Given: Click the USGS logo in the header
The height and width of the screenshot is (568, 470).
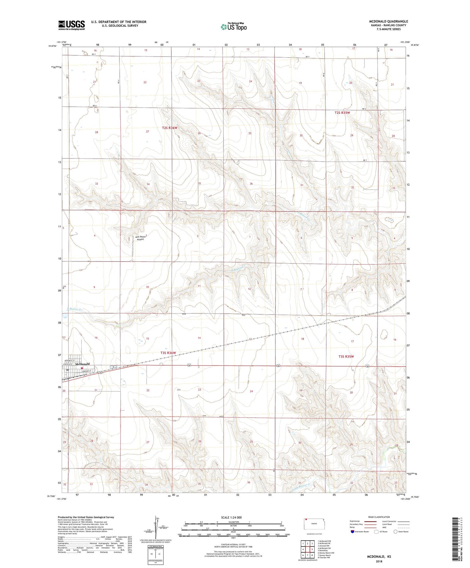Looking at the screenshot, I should click(x=72, y=25).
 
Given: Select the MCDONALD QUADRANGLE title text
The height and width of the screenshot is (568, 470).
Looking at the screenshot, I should click(x=388, y=21).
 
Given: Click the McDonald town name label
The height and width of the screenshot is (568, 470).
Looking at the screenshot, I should click(x=82, y=364).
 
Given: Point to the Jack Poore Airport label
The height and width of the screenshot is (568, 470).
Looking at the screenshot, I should click(x=140, y=238).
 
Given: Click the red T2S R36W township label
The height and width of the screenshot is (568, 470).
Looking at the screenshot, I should click(x=169, y=128).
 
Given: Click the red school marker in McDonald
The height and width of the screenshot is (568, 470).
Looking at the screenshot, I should click(x=82, y=368).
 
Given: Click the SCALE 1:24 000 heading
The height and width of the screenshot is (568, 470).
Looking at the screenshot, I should click(x=231, y=517).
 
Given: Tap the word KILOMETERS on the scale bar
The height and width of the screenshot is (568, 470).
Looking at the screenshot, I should click(x=233, y=522).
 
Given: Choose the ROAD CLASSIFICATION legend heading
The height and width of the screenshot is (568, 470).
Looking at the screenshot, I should click(x=379, y=517).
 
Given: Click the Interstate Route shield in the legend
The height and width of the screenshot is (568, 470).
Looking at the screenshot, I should click(x=353, y=532).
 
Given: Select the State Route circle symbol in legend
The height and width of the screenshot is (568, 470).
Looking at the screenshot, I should click(x=396, y=532).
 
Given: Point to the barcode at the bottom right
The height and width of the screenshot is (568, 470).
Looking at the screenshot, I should click(x=456, y=540).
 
